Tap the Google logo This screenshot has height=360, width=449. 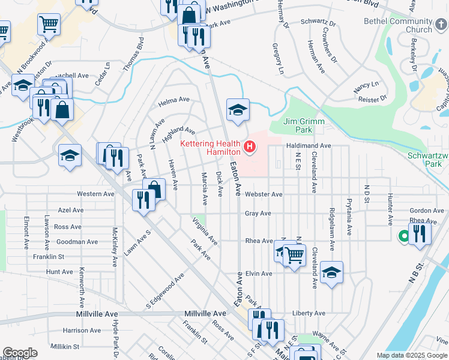click(20, 352)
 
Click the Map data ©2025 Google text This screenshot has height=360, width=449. click(411, 355)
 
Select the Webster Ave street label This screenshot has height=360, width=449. click(264, 194)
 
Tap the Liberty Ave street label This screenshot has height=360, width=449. click(309, 313)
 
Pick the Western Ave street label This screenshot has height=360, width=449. click(96, 194)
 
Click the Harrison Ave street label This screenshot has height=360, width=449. click(82, 331)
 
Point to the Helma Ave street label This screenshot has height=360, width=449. click(174, 100)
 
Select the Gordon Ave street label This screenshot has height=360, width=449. click(425, 211)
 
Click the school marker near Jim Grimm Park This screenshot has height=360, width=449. click(238, 109)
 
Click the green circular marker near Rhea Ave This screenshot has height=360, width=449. click(404, 236)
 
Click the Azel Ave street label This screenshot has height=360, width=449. click(71, 211)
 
